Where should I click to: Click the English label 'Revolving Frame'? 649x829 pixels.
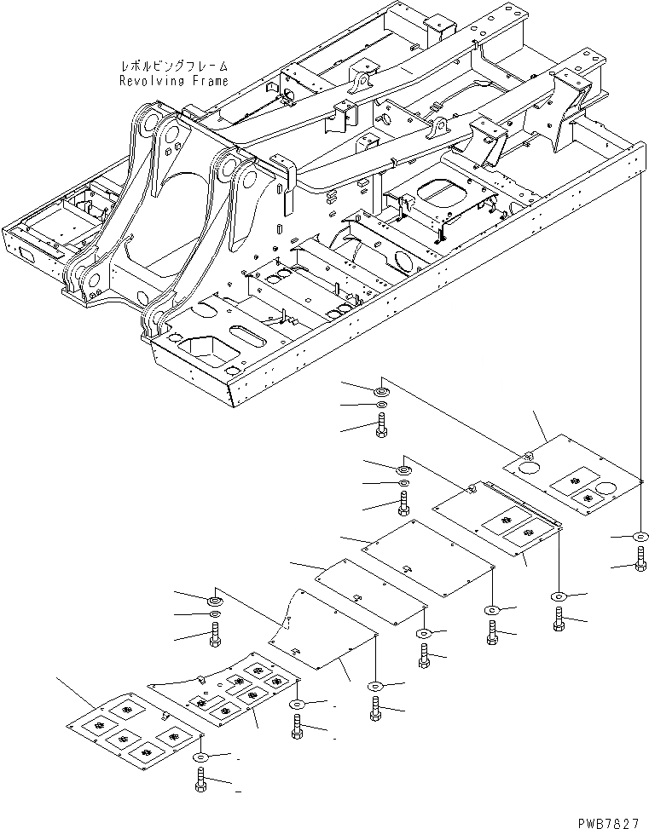(x=174, y=81)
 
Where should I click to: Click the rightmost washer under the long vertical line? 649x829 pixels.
(x=640, y=538)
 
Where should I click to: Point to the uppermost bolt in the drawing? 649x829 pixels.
(x=380, y=423)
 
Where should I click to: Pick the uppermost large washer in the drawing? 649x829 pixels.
(x=380, y=390)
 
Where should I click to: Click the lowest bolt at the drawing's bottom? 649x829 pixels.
(x=201, y=780)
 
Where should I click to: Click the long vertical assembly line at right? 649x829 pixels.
(x=640, y=341)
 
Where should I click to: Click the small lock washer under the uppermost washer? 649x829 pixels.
(x=380, y=404)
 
